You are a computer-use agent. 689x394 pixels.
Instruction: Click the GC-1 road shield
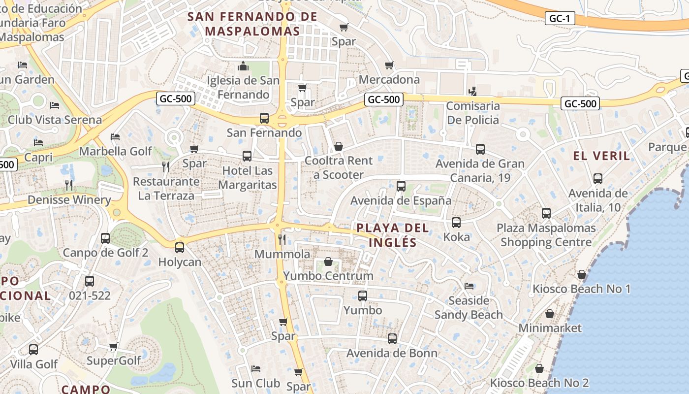[x=560, y=19]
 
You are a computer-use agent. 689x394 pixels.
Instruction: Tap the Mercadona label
[x=389, y=80]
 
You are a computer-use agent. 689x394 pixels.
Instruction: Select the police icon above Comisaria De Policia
[x=473, y=91]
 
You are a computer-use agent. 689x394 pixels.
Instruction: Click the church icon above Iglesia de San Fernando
[x=243, y=66]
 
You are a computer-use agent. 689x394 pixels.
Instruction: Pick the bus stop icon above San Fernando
[x=264, y=118]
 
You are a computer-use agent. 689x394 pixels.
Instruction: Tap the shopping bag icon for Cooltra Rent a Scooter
[x=338, y=146]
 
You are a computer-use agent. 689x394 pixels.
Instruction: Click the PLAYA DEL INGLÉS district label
[x=392, y=235]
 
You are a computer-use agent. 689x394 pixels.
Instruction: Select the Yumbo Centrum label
[x=328, y=276]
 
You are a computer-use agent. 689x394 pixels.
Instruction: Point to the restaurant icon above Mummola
[x=282, y=240]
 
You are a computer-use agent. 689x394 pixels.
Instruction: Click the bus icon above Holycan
[x=180, y=247]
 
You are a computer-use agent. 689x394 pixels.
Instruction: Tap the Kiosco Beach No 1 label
[x=582, y=289]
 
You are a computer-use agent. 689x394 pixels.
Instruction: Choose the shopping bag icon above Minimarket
[x=550, y=314]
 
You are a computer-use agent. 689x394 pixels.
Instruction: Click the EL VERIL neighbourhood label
[x=601, y=156]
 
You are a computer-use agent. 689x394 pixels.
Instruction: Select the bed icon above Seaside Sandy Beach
[x=469, y=286]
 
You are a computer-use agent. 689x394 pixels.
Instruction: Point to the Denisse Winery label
[x=69, y=200]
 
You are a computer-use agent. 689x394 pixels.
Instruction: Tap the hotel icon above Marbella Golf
[x=115, y=137]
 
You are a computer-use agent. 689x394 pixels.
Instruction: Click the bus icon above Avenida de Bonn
[x=392, y=339]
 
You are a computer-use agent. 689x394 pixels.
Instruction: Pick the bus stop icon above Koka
[x=456, y=223]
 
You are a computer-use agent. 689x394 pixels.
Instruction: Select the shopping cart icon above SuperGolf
[x=114, y=347]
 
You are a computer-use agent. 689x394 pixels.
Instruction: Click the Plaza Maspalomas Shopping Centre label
[x=546, y=235]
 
